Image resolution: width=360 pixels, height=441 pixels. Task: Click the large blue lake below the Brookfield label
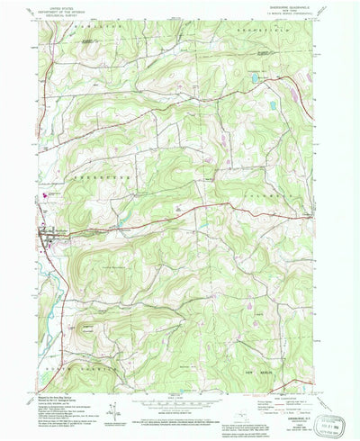pyautogui.click(x=254, y=79)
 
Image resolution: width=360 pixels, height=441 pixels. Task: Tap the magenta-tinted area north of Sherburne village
pyautogui.click(x=40, y=197)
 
